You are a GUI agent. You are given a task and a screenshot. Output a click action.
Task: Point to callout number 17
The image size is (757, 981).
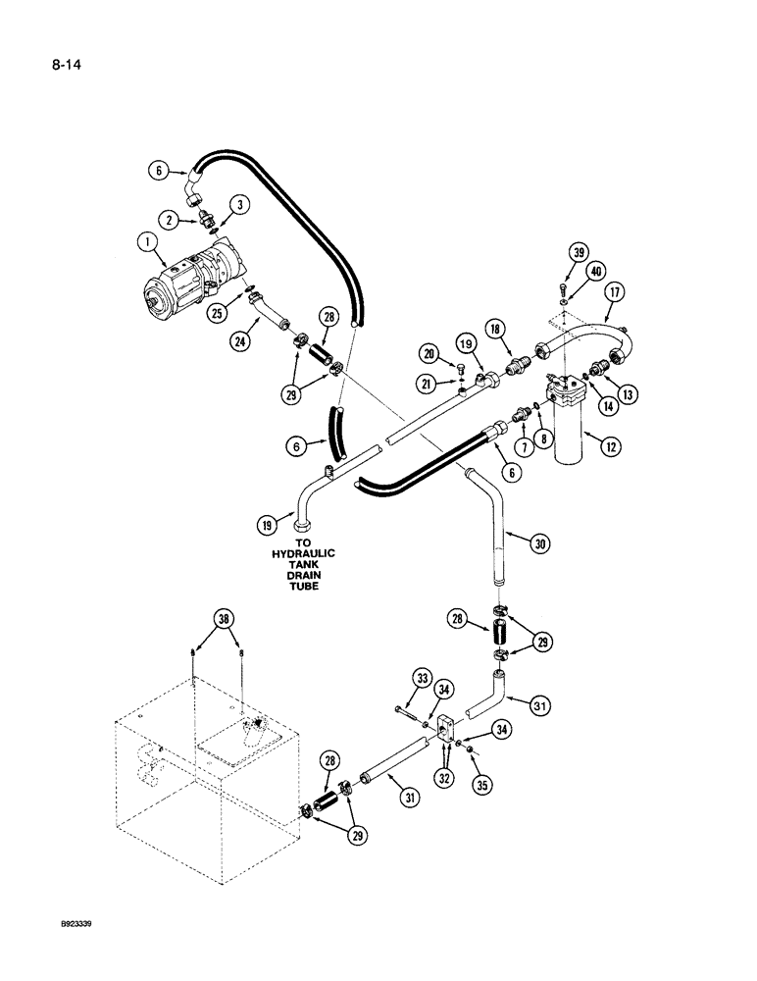point(615,291)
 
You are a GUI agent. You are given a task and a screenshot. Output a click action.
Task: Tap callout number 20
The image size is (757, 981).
point(429,354)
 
